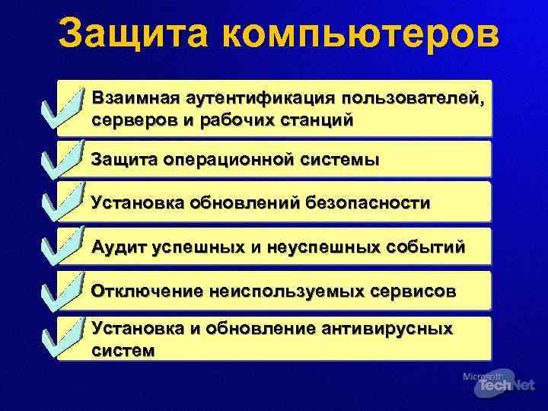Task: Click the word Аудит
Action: click(x=117, y=247)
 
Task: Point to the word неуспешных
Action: click(x=320, y=247)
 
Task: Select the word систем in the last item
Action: click(x=122, y=350)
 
